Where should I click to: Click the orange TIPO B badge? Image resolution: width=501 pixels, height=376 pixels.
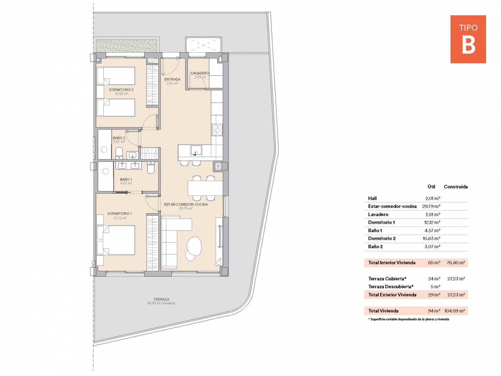(468, 39)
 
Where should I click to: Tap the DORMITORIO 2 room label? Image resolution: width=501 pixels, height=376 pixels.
(121, 90)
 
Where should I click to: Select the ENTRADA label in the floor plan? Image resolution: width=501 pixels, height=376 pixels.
(172, 79)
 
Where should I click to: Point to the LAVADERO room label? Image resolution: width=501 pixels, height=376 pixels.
(200, 73)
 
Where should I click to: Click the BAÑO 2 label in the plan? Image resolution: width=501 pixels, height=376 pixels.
(119, 138)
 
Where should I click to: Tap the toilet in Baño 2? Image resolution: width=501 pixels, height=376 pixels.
(119, 153)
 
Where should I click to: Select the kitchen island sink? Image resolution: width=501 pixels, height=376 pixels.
(196, 150)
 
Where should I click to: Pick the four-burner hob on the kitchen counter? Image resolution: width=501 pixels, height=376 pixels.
(217, 130)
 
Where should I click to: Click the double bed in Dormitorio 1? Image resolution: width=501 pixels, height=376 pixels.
(116, 240)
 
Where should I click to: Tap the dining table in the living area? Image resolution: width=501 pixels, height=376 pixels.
(205, 188)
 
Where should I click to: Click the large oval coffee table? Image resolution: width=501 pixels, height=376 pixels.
(194, 246)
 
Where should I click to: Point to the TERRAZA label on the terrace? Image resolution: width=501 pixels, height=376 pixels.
(161, 299)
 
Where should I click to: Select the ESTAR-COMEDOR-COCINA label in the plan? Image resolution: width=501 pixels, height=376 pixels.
(186, 204)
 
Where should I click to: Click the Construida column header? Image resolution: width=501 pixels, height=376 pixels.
(455, 187)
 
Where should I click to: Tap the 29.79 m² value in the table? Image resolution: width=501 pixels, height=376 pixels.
(431, 206)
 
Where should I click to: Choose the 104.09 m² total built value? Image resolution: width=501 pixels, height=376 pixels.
(454, 311)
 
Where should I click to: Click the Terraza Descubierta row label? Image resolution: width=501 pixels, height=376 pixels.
(391, 287)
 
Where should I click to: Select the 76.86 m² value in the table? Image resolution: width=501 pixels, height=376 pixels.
(455, 263)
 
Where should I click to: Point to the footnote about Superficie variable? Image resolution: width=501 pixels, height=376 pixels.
(408, 319)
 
